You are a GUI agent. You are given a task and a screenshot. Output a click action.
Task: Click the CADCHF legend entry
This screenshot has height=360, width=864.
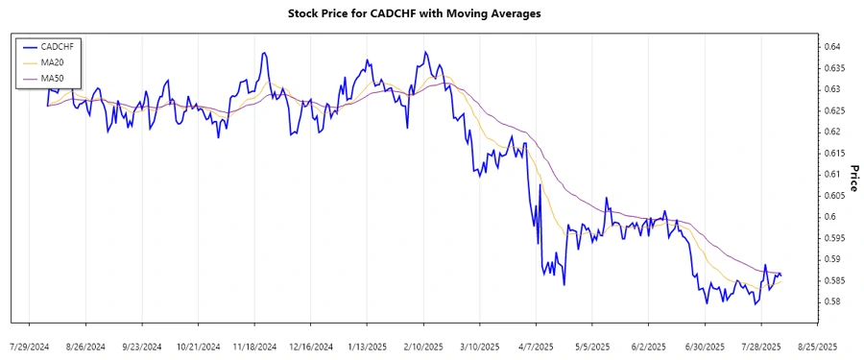[x=52, y=46]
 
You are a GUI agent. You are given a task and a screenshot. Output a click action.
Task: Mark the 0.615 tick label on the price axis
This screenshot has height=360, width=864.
[x=833, y=153]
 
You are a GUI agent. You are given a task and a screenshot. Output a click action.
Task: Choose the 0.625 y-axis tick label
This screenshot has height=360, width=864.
[x=833, y=110]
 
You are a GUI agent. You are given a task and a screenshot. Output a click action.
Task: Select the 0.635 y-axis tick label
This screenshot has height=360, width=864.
[x=833, y=68]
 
